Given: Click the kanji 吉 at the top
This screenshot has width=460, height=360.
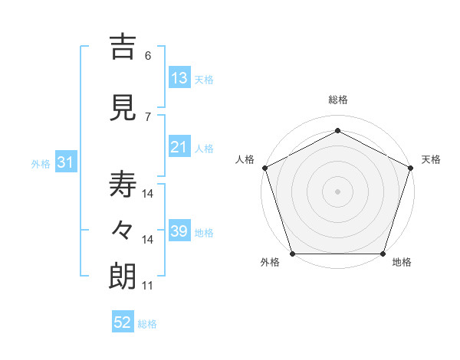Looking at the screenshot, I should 123,47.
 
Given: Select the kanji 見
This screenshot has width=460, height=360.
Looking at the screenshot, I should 123,108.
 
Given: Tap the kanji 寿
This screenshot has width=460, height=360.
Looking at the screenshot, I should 123,185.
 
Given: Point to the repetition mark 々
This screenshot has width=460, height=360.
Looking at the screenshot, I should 123,231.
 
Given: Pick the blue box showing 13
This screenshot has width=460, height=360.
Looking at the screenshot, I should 179,78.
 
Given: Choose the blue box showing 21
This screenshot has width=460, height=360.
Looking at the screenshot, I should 179,147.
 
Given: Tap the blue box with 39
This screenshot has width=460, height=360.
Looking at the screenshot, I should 179,231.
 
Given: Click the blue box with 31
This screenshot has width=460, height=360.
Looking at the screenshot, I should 65,162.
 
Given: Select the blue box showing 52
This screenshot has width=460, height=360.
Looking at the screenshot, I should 123,323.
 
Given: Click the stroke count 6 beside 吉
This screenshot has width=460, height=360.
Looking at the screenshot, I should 147,56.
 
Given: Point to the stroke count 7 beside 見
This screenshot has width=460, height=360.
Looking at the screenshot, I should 147,116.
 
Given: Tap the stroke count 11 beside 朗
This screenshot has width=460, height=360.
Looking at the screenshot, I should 147,286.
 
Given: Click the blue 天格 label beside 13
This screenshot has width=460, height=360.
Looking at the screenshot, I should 204,80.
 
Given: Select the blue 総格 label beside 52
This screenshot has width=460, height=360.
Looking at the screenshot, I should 147,325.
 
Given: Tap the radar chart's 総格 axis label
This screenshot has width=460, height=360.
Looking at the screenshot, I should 337,100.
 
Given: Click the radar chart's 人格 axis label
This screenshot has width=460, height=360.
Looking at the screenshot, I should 245,159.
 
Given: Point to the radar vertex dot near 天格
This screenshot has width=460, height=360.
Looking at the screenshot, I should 410,168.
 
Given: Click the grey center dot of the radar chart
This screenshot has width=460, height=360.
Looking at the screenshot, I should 337,191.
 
